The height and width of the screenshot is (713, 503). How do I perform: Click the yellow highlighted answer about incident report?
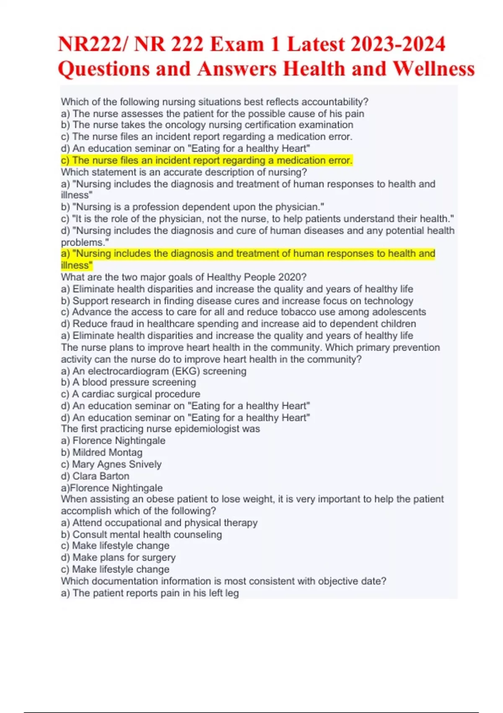(207, 160)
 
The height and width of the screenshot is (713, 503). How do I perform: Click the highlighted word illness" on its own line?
(76, 265)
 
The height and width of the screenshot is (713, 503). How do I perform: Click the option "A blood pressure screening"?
(129, 383)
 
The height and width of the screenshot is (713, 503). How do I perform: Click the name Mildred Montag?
(107, 453)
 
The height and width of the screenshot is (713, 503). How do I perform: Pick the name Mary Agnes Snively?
(117, 464)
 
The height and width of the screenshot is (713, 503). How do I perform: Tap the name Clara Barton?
(101, 476)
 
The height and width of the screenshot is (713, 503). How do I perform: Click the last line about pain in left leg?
(150, 593)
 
